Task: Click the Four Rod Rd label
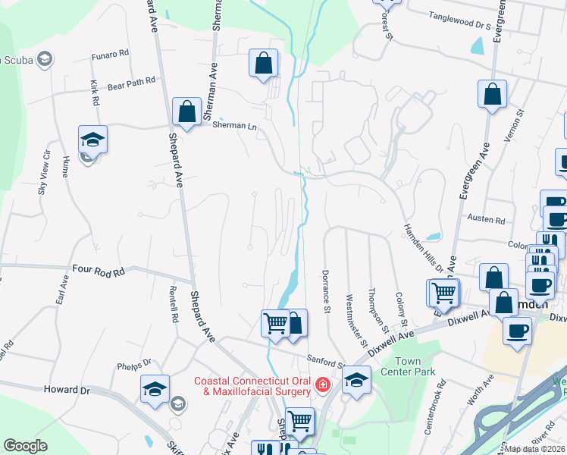click(x=98, y=269)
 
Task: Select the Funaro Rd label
click(x=111, y=55)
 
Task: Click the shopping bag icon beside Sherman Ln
click(x=186, y=112)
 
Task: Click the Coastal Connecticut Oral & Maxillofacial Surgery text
click(x=252, y=386)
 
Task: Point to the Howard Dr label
click(x=67, y=390)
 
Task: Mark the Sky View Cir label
click(x=44, y=173)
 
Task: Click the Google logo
click(x=25, y=446)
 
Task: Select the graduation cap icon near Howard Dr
click(x=155, y=389)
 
